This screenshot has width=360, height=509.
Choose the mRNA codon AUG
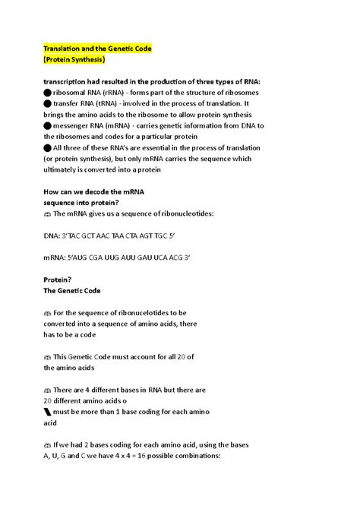point(92,258)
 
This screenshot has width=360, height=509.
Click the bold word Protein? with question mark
point(59,280)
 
